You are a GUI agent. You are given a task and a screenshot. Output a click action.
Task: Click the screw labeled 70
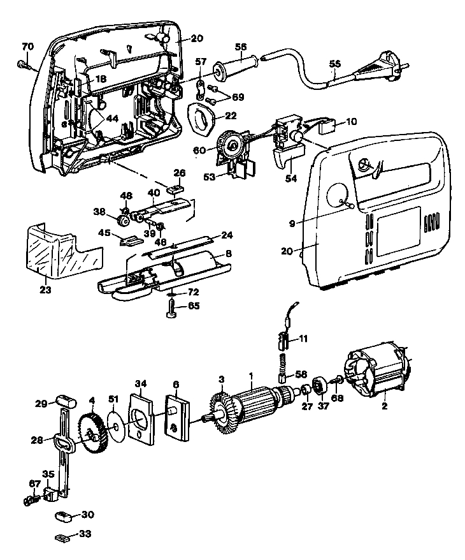click(x=24, y=65)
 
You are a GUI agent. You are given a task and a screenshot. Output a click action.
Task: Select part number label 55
click(x=334, y=64)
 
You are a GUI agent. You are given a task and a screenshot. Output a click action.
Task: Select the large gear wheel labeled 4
click(x=92, y=433)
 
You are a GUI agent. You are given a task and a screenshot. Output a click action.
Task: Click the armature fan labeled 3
click(x=221, y=413)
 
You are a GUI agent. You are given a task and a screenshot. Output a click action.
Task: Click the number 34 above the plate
click(x=141, y=384)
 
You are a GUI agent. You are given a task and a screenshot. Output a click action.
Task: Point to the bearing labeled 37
click(x=318, y=387)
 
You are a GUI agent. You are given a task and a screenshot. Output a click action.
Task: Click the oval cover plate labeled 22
click(x=201, y=119)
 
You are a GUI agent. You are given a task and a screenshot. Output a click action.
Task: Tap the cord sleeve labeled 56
click(x=236, y=66)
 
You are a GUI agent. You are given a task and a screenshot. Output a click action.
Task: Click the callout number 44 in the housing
click(x=112, y=119)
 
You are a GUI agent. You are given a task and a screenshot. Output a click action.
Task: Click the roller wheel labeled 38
click(x=124, y=221)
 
